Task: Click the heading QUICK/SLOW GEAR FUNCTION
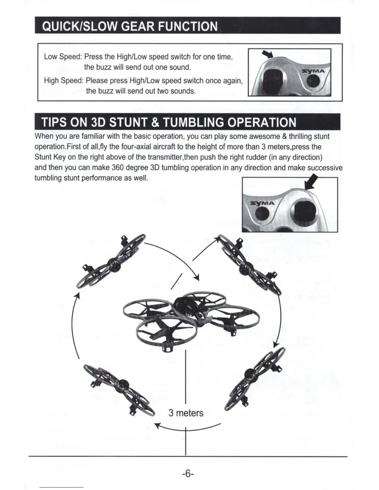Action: point(130,26)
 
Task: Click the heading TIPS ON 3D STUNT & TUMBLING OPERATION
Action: point(169,123)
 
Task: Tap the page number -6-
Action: point(188,474)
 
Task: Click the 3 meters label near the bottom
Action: point(186,413)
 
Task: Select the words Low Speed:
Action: point(63,57)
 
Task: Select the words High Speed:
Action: point(63,81)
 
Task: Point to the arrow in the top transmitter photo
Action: point(267,54)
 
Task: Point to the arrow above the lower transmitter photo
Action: point(311,183)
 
